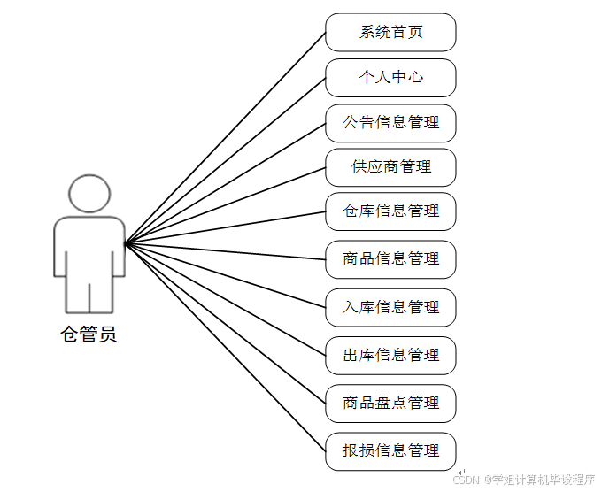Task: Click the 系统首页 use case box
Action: [390, 33]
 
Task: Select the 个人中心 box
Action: [390, 78]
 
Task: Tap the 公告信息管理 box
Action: [390, 123]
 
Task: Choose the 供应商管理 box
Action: [390, 167]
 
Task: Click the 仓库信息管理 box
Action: [390, 211]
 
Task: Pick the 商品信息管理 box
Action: [390, 259]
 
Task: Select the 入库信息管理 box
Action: [390, 307]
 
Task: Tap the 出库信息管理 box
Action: [390, 355]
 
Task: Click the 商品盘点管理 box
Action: [390, 403]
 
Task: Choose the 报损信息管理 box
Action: [390, 450]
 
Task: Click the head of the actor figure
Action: [89, 194]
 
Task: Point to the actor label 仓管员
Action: [89, 334]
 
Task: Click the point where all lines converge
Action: [126, 243]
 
